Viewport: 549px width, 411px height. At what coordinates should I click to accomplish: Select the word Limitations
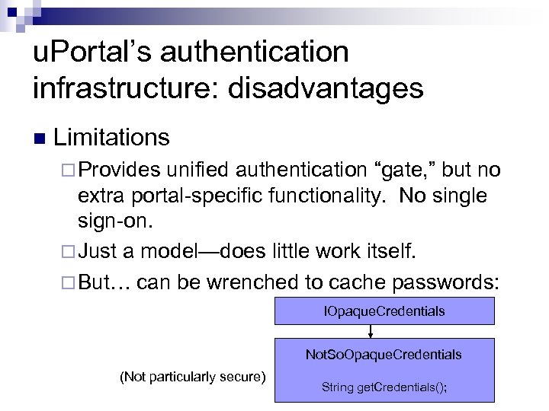point(111,138)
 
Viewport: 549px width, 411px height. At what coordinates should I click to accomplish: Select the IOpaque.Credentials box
point(384,311)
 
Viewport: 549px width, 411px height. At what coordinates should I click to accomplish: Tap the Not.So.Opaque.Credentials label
point(384,355)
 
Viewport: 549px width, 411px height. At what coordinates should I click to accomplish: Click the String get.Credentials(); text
point(384,387)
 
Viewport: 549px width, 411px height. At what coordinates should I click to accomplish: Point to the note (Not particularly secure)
point(192,375)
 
